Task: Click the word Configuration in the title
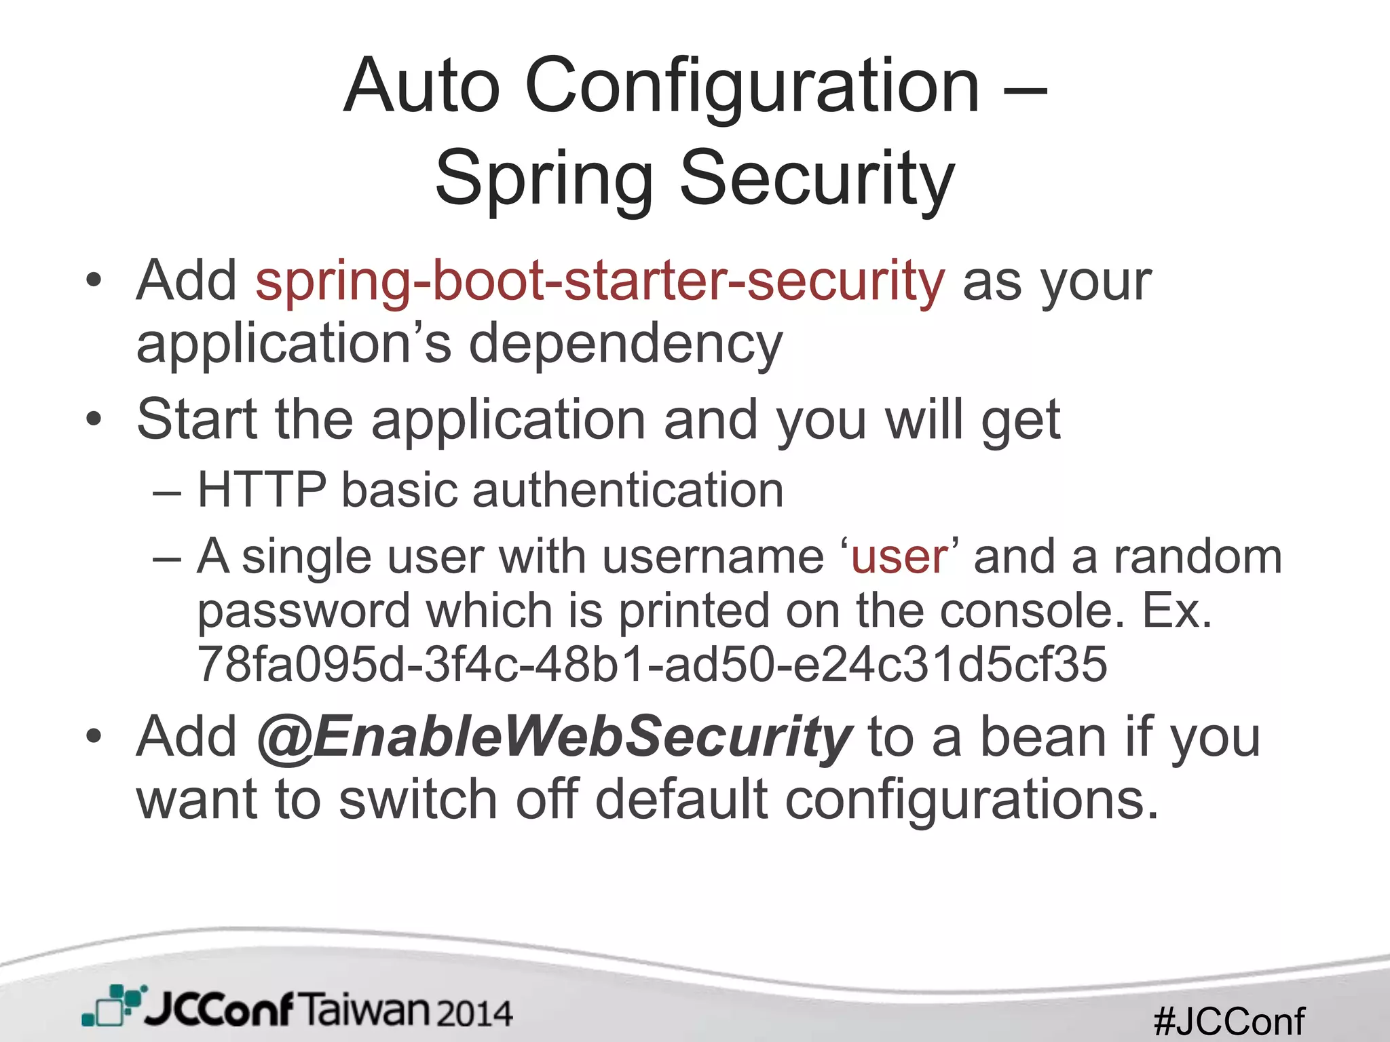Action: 752,87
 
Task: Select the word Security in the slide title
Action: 817,178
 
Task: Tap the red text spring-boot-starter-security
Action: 599,281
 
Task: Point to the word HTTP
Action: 262,489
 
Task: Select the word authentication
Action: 628,489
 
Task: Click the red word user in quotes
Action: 899,557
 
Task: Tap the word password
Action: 303,611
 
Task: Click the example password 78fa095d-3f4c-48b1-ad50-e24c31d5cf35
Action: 652,663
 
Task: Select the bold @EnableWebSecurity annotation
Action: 553,737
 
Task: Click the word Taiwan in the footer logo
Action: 364,1010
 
